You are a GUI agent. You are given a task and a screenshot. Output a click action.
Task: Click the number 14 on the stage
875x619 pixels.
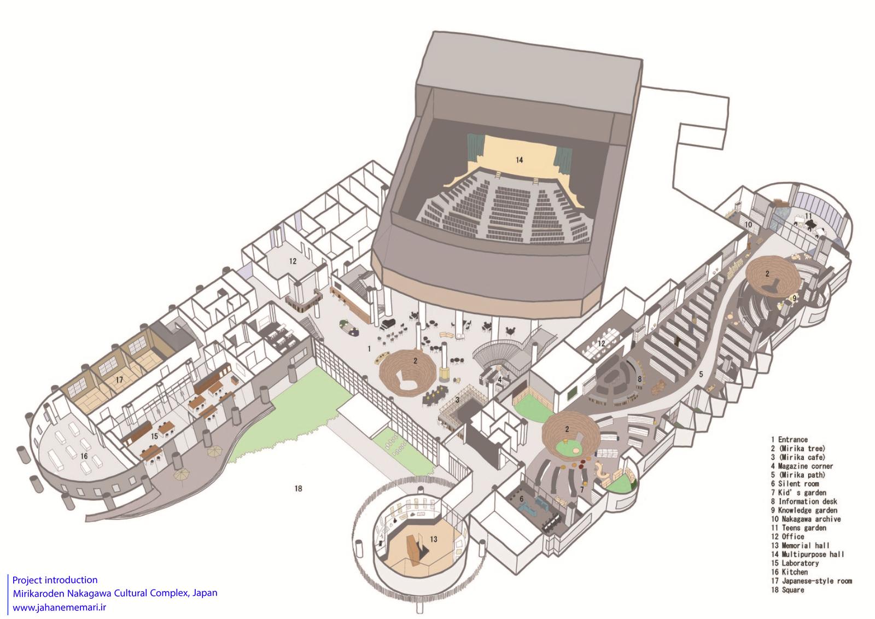click(519, 160)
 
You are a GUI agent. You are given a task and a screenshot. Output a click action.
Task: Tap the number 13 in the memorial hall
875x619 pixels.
click(434, 539)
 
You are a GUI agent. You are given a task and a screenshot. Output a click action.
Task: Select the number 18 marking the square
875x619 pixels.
click(299, 488)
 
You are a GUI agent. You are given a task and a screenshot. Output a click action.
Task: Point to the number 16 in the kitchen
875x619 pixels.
click(84, 456)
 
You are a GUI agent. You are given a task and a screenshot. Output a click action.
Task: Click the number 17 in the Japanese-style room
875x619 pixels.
click(119, 379)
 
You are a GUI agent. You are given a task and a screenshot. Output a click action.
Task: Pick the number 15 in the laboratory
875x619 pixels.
click(154, 436)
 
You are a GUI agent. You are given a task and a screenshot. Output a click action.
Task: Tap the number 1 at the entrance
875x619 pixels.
click(369, 349)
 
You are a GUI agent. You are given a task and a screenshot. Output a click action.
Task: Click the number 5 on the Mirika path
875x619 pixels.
click(701, 375)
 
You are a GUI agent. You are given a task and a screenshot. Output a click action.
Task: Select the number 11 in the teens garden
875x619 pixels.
click(808, 216)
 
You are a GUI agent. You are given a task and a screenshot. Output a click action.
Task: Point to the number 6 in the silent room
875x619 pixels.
click(521, 499)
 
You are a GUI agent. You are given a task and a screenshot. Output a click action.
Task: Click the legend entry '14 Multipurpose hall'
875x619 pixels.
click(807, 554)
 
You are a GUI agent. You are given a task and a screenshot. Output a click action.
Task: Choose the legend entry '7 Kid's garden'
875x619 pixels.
click(798, 493)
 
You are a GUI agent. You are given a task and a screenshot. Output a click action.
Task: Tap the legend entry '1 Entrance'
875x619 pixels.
click(789, 440)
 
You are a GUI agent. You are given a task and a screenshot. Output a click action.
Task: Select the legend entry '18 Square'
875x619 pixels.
click(787, 590)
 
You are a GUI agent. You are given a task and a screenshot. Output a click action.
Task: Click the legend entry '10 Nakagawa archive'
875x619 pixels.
click(806, 519)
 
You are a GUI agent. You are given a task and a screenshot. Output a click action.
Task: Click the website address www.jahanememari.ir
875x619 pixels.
click(60, 608)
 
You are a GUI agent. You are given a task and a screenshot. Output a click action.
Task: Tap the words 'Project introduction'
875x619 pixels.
click(55, 580)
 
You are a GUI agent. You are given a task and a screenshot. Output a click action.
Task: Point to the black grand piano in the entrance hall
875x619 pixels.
click(388, 323)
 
